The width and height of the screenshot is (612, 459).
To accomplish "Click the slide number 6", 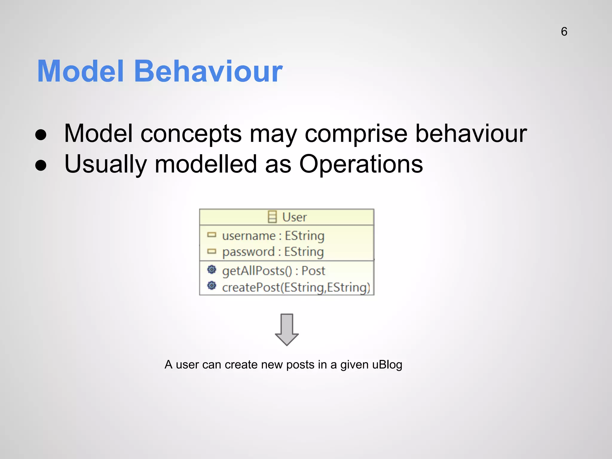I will [x=564, y=32].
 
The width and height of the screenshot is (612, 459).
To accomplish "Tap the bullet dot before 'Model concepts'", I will [x=41, y=135].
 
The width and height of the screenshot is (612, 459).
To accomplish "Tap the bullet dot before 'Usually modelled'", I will [x=41, y=165].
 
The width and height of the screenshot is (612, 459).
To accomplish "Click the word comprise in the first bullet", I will [x=356, y=134].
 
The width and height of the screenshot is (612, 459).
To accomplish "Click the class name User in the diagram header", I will [x=294, y=217].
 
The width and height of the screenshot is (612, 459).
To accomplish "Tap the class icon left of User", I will [x=272, y=217].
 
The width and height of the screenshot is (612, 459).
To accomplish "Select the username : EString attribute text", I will [x=273, y=236].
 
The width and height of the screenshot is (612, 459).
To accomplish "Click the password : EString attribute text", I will [x=273, y=252].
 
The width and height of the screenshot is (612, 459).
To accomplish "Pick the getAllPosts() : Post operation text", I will [x=273, y=271].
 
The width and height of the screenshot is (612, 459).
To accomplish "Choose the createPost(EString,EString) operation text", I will [x=296, y=287].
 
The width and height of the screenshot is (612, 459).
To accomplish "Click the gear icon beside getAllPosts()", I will [x=212, y=270].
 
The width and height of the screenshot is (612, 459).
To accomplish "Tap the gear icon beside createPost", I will [x=212, y=286].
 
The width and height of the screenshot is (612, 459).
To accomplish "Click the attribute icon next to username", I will [x=212, y=235].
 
